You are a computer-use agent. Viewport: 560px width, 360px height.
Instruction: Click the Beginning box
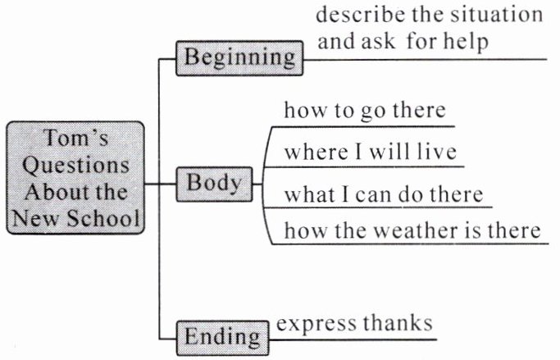pyautogui.click(x=239, y=57)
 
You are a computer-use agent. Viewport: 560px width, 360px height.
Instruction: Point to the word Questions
pyautogui.click(x=75, y=165)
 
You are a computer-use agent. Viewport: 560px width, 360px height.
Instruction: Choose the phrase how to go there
pyautogui.click(x=364, y=112)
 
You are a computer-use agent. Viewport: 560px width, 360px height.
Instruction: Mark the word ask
pyautogui.click(x=377, y=42)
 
